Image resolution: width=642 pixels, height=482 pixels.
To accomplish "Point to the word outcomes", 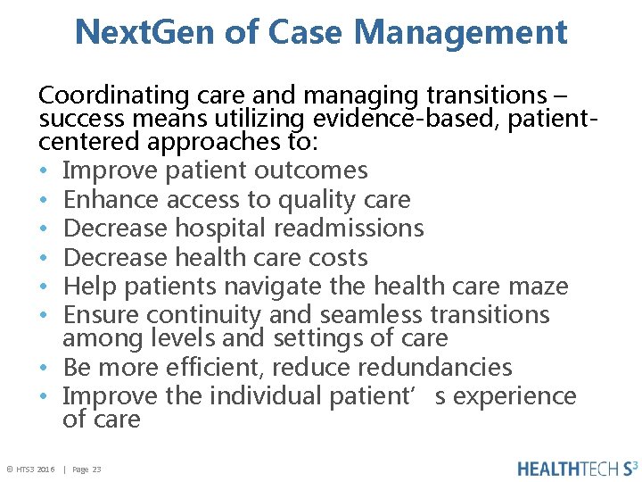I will pos(311,170).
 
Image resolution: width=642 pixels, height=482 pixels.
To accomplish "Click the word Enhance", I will pos(111,199).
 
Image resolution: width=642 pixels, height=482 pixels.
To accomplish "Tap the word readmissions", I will pos(349,229).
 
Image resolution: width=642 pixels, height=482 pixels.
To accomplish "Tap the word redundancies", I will pos(437,367).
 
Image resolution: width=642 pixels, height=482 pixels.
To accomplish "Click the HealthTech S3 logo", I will pos(578,469).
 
